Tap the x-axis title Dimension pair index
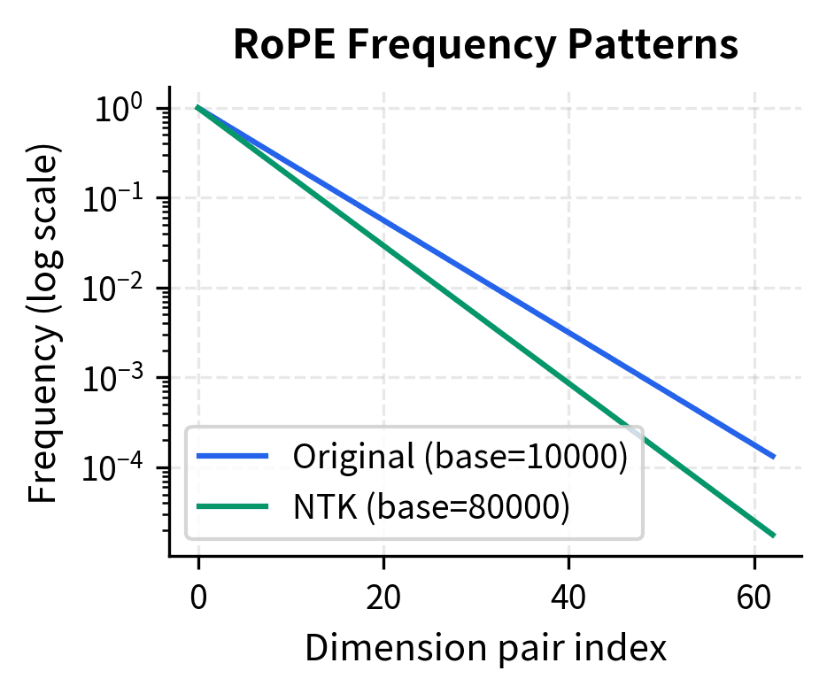(485, 650)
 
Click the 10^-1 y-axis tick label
(119, 199)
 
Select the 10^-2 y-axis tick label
(119, 289)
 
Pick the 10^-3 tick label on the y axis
(119, 379)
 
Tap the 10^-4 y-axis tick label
(119, 468)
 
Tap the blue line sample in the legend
(232, 456)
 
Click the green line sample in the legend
(232, 506)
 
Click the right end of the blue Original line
(774, 457)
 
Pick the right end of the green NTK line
(774, 535)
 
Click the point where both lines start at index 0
(198, 108)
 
